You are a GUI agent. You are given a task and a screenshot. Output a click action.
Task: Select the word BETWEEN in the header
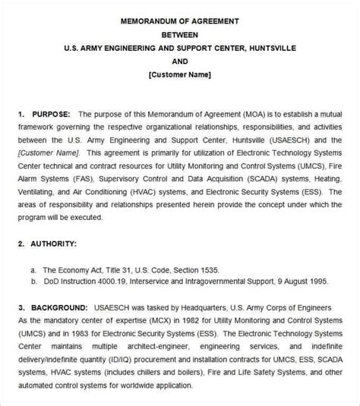pyautogui.click(x=180, y=34)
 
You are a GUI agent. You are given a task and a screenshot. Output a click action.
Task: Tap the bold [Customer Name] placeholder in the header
pyautogui.click(x=180, y=74)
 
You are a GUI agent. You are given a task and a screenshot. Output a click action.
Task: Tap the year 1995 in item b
pyautogui.click(x=317, y=281)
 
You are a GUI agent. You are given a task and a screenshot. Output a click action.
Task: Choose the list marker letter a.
pyautogui.click(x=33, y=269)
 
